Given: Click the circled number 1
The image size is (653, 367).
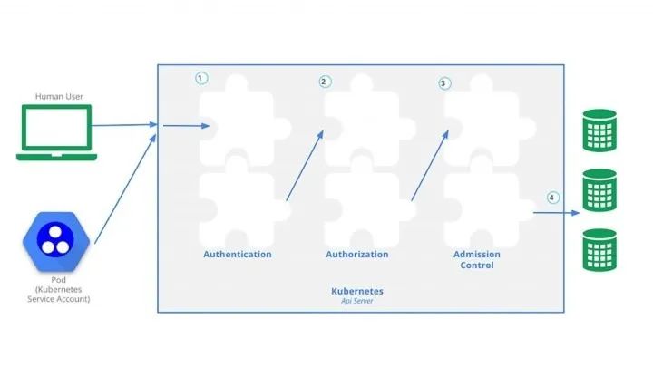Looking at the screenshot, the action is pyautogui.click(x=201, y=78).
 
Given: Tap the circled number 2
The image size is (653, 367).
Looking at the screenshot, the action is pyautogui.click(x=325, y=82).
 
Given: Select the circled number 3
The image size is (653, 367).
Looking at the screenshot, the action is pyautogui.click(x=444, y=83).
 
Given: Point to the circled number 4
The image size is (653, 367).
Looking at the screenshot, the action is pyautogui.click(x=552, y=198).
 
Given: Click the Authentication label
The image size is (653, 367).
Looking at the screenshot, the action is pyautogui.click(x=238, y=255).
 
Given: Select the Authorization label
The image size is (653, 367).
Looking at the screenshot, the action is pyautogui.click(x=357, y=255).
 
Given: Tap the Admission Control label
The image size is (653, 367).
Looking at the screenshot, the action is pyautogui.click(x=477, y=260).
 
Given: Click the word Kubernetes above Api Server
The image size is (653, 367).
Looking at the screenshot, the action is pyautogui.click(x=357, y=291).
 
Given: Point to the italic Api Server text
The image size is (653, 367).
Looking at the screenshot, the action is pyautogui.click(x=357, y=301).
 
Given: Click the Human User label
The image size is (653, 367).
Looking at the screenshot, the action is pyautogui.click(x=59, y=97).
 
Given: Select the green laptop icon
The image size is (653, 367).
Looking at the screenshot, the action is pyautogui.click(x=56, y=132).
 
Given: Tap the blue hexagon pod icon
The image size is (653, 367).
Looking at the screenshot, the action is pyautogui.click(x=56, y=242).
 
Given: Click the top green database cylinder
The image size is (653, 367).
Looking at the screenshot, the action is pyautogui.click(x=599, y=130).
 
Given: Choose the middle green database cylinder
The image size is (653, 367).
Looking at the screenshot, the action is pyautogui.click(x=599, y=190).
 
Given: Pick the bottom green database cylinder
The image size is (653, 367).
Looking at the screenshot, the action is pyautogui.click(x=599, y=250).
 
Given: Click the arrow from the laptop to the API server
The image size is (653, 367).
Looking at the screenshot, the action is pyautogui.click(x=124, y=125).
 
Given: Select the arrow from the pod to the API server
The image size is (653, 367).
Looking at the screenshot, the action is pyautogui.click(x=125, y=188).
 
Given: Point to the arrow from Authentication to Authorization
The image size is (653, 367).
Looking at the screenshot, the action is pyautogui.click(x=305, y=166).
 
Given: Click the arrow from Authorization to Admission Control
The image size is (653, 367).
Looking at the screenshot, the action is pyautogui.click(x=430, y=166).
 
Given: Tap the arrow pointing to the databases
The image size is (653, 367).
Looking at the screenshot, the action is pyautogui.click(x=556, y=213).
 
